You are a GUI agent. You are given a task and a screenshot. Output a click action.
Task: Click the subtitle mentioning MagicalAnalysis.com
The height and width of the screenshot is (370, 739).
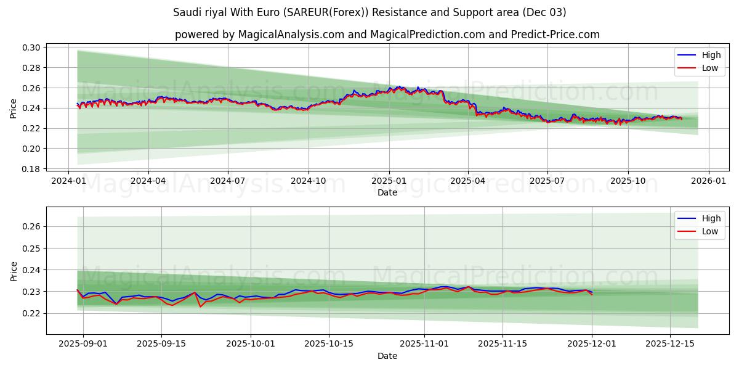pos(387,35)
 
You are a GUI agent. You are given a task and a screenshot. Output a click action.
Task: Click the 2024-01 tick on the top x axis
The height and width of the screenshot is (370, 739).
pos(68,181)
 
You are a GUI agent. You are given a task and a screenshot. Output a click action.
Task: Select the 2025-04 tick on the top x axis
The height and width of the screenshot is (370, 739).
pos(467,181)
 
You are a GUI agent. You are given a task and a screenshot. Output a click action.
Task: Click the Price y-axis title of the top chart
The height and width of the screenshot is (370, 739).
pos(14,108)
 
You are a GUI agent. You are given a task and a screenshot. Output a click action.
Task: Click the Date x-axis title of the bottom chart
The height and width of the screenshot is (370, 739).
pos(387,356)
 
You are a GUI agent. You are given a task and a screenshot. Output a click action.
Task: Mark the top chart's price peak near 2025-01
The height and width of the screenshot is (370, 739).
pos(400,86)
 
